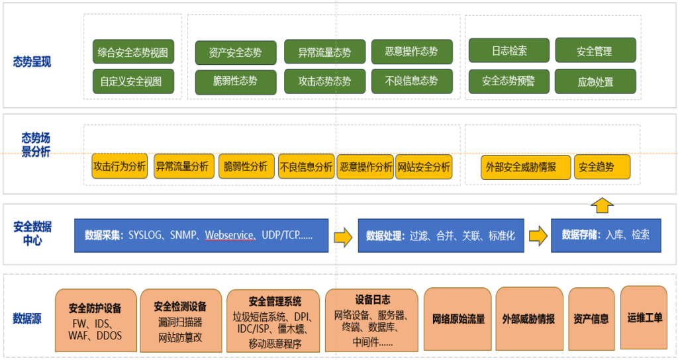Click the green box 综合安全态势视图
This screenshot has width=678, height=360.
pos(132,52)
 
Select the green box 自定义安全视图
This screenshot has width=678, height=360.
pos(132,82)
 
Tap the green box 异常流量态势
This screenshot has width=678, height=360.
pos(324,52)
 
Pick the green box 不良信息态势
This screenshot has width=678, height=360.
pos(412,81)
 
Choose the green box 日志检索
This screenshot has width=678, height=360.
pos(509,51)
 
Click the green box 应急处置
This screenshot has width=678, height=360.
pos(595,82)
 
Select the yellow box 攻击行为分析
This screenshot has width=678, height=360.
pos(119,167)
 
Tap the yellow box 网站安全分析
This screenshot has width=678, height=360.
pos(424,167)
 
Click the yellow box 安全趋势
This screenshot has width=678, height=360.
pos(601,167)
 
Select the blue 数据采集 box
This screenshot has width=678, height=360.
pos(201,235)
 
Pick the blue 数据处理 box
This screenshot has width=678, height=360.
pos(440,235)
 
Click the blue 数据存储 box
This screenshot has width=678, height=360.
pos(606,235)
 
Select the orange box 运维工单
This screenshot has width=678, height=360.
pos(644,318)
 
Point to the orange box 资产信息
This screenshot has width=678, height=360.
pos(591,318)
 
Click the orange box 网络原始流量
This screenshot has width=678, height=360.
pos(458,318)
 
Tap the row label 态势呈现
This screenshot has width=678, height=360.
pos(32,62)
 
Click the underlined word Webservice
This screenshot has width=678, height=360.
pos(230,235)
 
